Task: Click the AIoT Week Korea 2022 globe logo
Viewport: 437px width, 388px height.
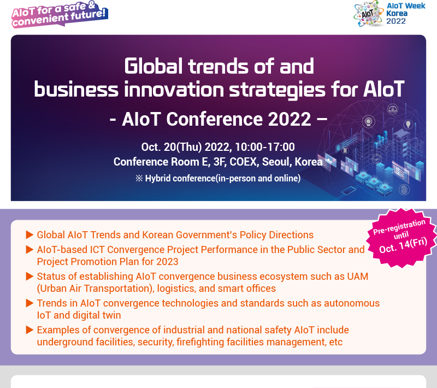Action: click(x=368, y=13)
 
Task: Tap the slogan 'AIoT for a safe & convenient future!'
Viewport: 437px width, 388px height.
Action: click(x=60, y=14)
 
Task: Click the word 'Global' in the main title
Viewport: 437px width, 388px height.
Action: click(x=153, y=66)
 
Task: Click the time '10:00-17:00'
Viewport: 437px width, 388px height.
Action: click(x=265, y=147)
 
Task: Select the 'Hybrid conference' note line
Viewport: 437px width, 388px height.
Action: click(x=218, y=178)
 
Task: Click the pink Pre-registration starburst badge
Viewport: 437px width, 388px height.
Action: click(x=401, y=238)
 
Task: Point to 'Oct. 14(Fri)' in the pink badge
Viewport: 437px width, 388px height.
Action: click(x=403, y=245)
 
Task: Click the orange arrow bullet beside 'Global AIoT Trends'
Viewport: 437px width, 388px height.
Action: click(x=29, y=234)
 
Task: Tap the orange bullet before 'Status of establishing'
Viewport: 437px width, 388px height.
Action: click(x=29, y=276)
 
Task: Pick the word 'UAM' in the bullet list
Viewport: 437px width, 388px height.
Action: click(x=358, y=276)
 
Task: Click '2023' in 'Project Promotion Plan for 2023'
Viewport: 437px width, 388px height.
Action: click(x=167, y=262)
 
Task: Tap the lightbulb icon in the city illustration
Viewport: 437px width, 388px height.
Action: click(x=408, y=124)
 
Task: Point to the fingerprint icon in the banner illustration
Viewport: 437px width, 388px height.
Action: click(x=404, y=190)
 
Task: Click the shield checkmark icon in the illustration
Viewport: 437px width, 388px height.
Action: click(x=376, y=158)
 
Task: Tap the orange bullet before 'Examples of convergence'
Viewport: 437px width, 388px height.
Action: click(x=29, y=330)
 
